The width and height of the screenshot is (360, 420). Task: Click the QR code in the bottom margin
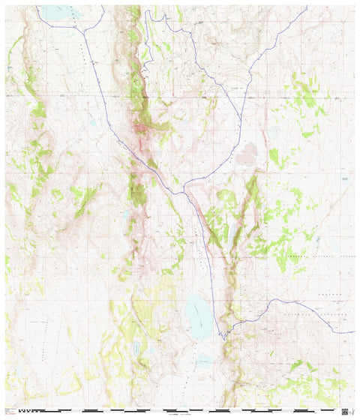pyautogui.click(x=344, y=411)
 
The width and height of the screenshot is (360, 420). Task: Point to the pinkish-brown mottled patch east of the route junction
pyautogui.click(x=245, y=156)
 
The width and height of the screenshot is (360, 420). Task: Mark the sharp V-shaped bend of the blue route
pyautogui.click(x=222, y=335)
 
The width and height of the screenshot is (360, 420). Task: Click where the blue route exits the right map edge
pyautogui.click(x=353, y=331)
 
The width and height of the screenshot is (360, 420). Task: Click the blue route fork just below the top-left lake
pyautogui.click(x=84, y=30)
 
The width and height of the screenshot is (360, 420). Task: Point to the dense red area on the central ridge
pyautogui.click(x=141, y=131)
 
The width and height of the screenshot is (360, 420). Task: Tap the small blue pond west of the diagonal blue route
pyautogui.click(x=92, y=122)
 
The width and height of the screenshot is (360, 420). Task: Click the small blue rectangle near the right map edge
pyautogui.click(x=344, y=178)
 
